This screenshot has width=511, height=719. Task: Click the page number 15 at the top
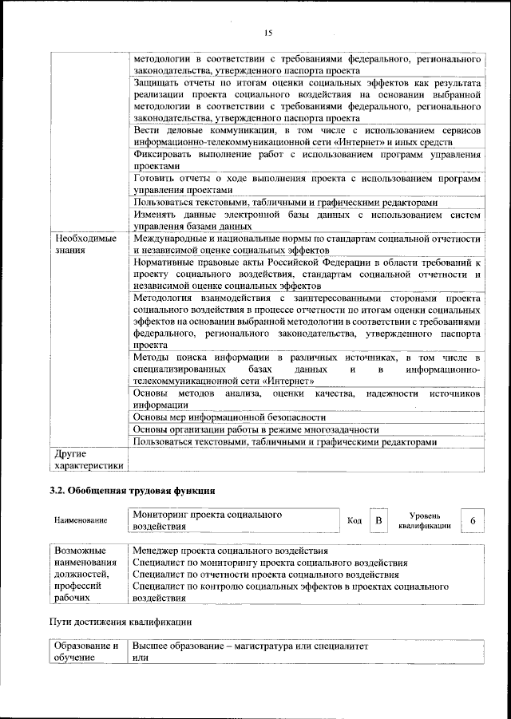267,32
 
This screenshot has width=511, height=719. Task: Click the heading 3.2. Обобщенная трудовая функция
133,489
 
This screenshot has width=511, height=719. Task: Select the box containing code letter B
378,521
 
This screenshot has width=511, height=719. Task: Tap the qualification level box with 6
473,521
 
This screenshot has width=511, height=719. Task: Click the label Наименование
81,521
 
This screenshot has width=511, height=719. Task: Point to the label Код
355,521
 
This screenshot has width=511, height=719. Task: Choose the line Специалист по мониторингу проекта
270,563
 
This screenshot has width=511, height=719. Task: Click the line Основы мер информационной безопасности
230,417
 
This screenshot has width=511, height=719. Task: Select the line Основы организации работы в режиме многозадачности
255,429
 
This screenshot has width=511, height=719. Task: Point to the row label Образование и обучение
86,650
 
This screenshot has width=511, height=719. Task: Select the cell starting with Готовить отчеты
307,184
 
